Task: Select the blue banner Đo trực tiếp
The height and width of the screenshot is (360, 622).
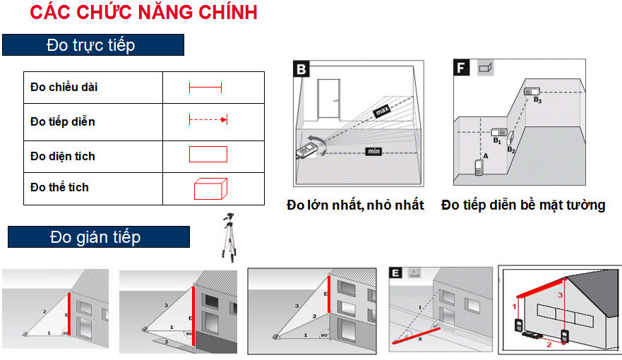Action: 92,45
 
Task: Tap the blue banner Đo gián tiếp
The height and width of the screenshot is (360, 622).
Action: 98,237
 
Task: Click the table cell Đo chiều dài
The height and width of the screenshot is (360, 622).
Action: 64,88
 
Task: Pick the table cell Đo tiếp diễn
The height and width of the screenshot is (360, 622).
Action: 63,121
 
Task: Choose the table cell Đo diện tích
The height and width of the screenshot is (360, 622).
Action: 63,155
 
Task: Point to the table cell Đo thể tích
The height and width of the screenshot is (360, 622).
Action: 60,188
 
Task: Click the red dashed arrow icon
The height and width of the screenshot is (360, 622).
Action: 208,121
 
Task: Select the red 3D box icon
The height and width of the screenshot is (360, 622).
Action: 210,189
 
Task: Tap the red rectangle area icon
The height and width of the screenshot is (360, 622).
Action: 208,155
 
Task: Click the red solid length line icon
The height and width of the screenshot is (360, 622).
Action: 205,88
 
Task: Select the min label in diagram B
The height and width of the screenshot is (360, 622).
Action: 373,151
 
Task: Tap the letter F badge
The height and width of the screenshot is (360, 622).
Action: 462,68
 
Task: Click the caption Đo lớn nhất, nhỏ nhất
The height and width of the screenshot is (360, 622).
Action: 355,205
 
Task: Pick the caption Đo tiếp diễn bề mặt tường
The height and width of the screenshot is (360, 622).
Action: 523,205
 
